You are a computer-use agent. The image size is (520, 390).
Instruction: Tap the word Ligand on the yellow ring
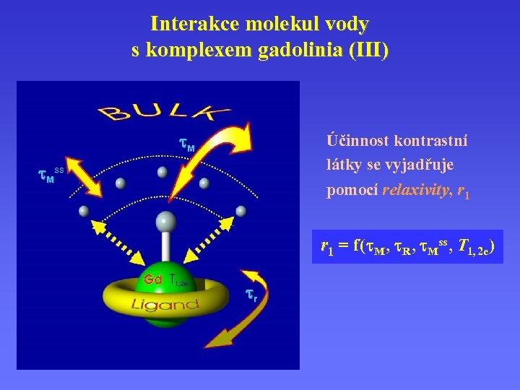coord(165,305)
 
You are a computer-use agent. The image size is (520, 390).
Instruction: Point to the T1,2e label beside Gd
coord(178,280)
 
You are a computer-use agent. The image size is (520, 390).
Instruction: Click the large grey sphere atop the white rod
coord(165,221)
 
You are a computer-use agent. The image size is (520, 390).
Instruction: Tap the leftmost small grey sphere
coord(84,211)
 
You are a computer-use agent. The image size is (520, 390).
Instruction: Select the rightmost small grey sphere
coord(240,211)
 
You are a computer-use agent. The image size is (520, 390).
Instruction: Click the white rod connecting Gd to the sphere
coord(165,249)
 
